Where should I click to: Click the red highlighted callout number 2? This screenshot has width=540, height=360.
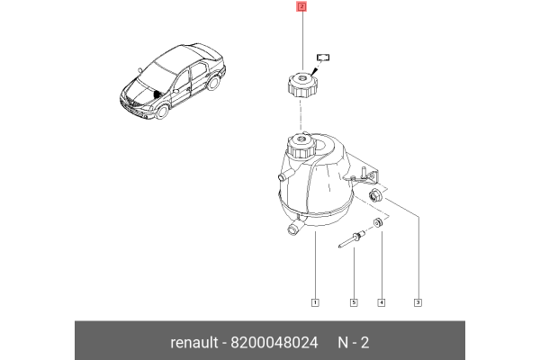tap(301, 7)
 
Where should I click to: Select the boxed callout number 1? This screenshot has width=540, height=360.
tap(315, 301)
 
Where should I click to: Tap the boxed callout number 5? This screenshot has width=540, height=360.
tap(354, 301)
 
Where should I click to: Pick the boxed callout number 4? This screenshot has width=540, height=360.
tap(381, 301)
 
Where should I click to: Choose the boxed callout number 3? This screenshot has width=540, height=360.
tap(418, 301)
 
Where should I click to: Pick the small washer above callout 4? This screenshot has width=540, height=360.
tap(379, 223)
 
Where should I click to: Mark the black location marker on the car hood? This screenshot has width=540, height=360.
tap(158, 94)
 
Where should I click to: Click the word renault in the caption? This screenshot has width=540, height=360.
tap(194, 343)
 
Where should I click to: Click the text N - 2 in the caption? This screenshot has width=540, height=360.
tap(353, 343)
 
